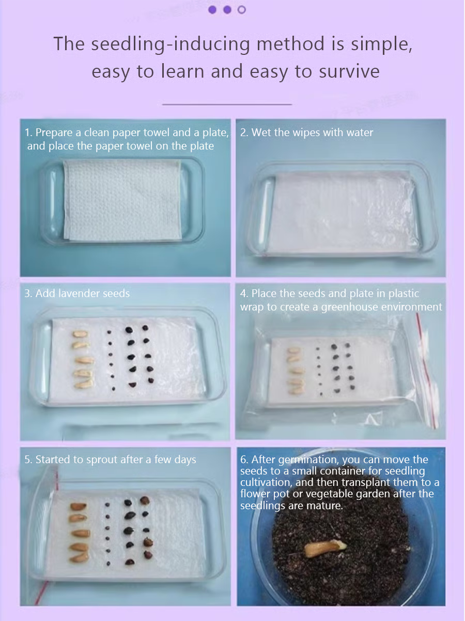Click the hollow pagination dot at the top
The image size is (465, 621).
242,10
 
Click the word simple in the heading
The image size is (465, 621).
381,44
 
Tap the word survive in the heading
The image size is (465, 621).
349,71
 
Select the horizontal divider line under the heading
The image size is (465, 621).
227,105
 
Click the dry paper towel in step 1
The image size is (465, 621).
122,200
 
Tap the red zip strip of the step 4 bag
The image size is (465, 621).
426,371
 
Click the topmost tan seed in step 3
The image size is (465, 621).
81,334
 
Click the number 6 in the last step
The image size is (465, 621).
244,460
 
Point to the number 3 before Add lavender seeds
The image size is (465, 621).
28,293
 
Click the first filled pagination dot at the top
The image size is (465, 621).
212,10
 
